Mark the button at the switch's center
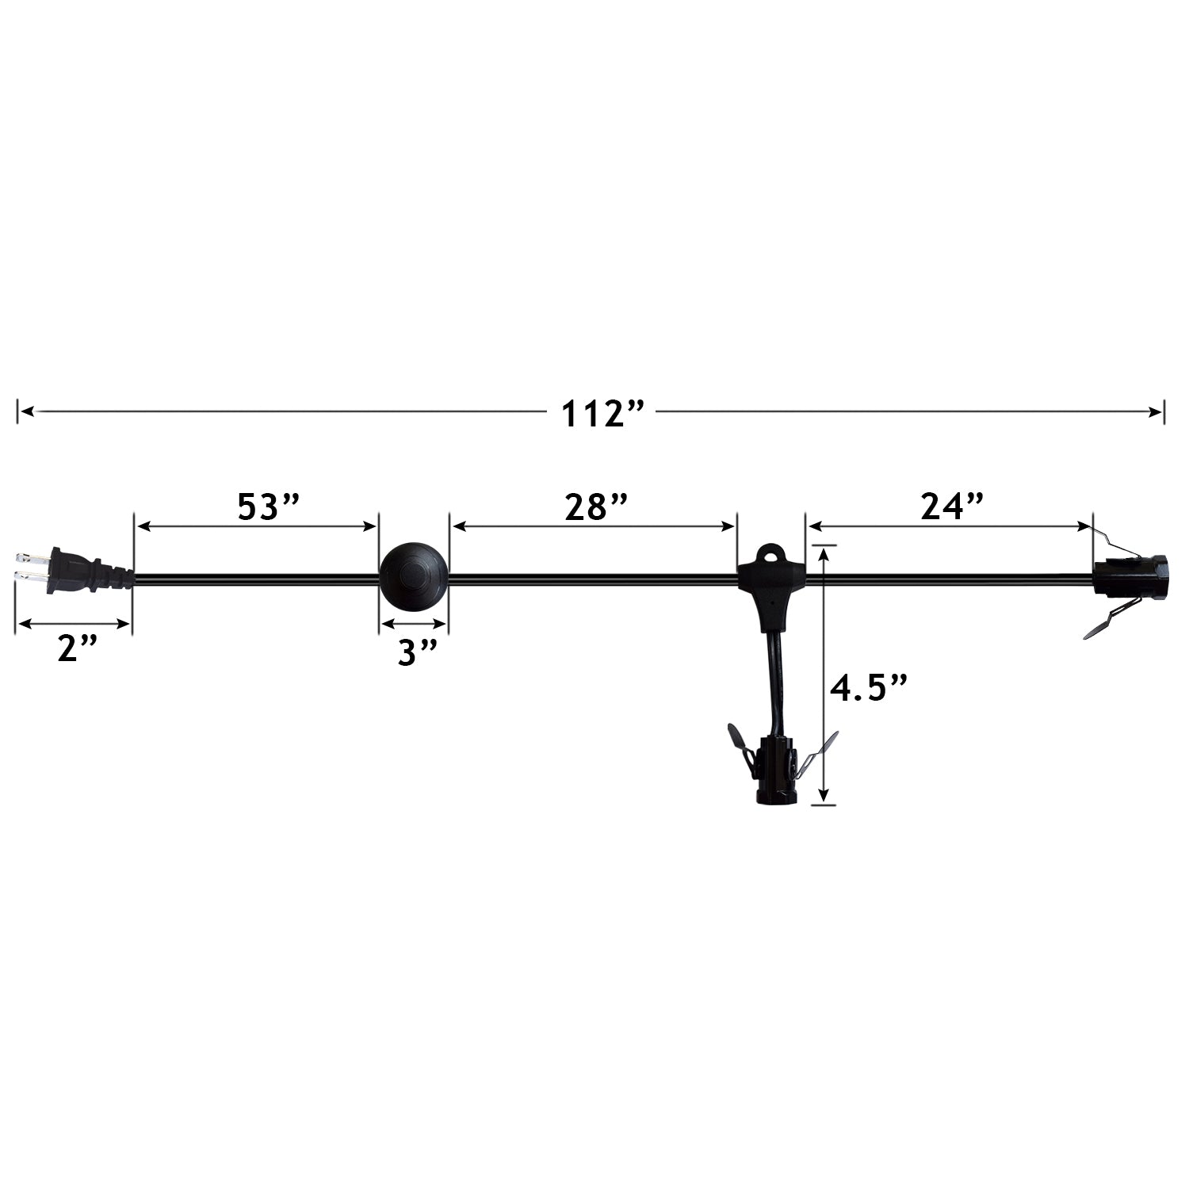[414, 574]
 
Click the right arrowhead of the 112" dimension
[1157, 411]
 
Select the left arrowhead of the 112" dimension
[26, 411]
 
